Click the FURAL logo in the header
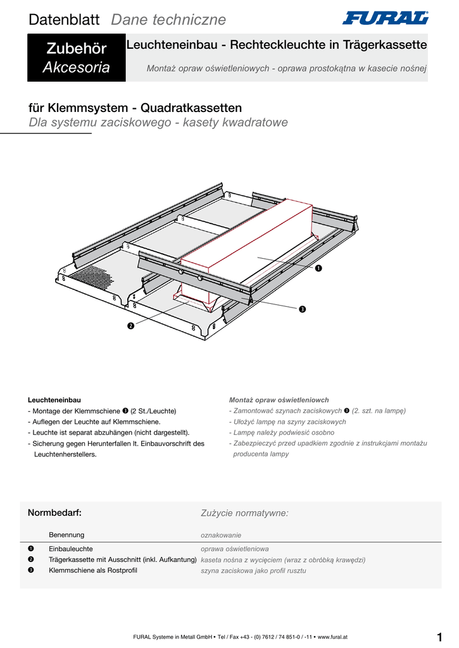click(385, 18)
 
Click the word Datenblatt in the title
click(64, 20)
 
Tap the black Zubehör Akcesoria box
click(76, 58)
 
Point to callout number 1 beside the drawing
click(318, 269)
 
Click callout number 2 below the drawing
click(130, 326)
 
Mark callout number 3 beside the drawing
click(303, 309)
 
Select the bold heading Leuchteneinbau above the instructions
click(54, 400)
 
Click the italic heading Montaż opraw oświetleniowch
click(279, 400)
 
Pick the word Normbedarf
click(54, 513)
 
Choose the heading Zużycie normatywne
click(244, 513)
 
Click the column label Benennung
click(66, 535)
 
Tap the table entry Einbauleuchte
click(71, 549)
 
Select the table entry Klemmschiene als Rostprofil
click(92, 570)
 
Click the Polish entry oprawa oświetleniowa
click(235, 549)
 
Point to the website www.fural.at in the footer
click(332, 637)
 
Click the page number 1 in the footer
click(439, 637)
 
